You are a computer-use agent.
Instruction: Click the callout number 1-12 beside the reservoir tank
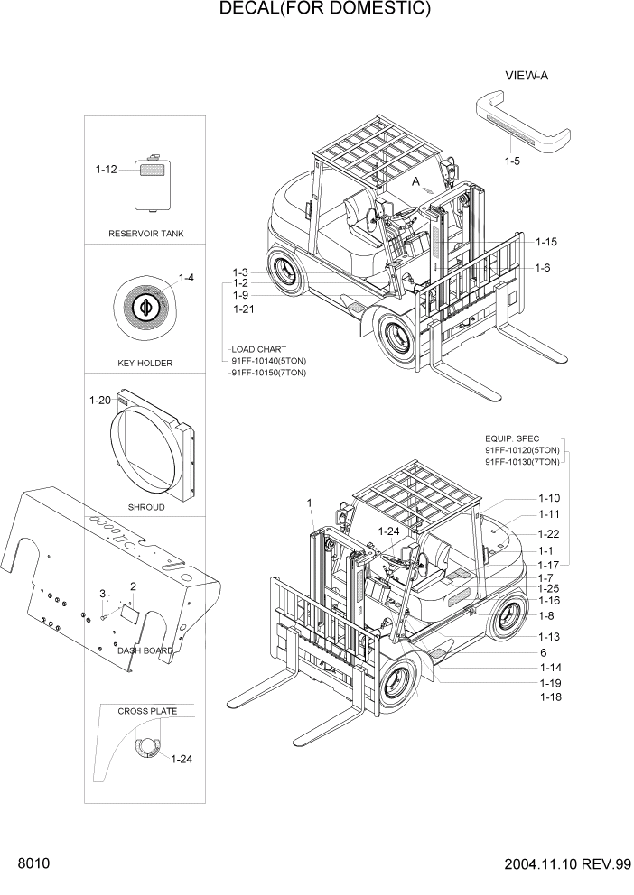point(107,169)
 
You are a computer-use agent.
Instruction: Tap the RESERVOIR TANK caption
point(146,234)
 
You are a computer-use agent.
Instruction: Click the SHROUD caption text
point(145,508)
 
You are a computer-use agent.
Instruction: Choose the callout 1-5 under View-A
point(513,161)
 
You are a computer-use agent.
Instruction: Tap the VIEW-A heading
point(527,76)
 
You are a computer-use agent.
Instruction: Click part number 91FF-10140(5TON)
point(269,360)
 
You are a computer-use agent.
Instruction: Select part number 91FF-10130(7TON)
point(522,462)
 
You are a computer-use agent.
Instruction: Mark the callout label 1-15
point(545,242)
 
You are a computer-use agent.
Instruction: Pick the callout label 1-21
point(244,309)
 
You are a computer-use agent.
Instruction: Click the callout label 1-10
point(549,498)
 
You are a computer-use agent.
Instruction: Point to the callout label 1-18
point(551,697)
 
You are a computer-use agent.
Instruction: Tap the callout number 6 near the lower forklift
point(544,652)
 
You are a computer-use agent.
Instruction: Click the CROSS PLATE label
point(146,711)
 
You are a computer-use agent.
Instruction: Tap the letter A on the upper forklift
point(416,181)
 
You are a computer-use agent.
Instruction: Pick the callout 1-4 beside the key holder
point(186,278)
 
